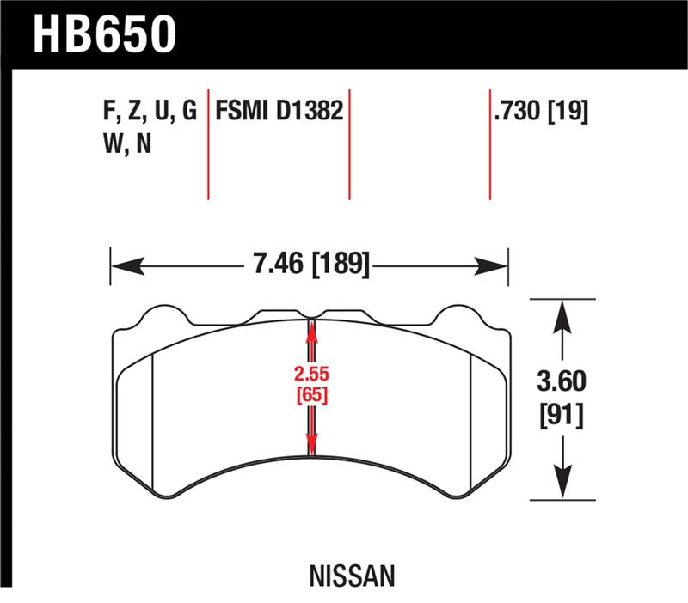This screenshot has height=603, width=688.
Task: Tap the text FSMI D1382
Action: point(279,112)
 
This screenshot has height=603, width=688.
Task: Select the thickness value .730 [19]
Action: point(540,112)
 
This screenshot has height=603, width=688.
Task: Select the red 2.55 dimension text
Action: point(311,375)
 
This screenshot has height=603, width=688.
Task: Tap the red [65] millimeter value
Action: point(311,395)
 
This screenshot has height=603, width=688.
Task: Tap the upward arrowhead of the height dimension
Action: point(562,313)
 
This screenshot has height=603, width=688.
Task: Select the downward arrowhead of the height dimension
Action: point(562,485)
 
